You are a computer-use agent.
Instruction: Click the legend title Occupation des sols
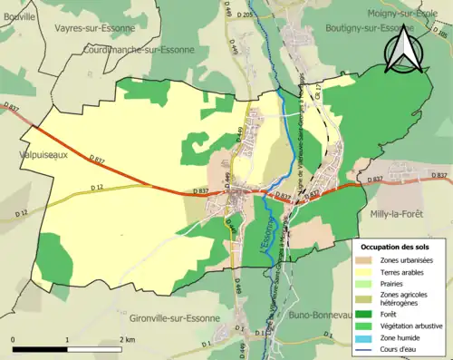point(397,246)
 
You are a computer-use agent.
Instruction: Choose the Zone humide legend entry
point(399,338)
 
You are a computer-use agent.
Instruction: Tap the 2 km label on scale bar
point(128,339)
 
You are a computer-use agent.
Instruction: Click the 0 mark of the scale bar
point(13,339)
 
